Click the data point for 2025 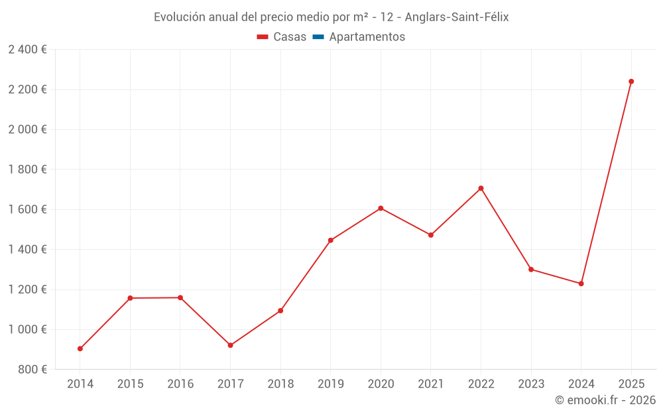[x=631, y=81]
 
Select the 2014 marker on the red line [x=80, y=348]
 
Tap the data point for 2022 [x=481, y=188]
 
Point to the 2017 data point [x=230, y=345]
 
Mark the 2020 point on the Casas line [x=381, y=208]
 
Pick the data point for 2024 [x=581, y=284]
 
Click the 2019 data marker [x=330, y=240]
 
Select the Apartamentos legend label [x=367, y=37]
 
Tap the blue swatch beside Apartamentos [x=318, y=37]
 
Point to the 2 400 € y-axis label [x=27, y=50]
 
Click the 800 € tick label [x=32, y=370]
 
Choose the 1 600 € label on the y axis [x=27, y=209]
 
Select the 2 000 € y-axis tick [x=27, y=129]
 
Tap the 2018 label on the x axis [x=280, y=384]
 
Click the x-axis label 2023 [x=531, y=384]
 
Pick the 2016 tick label [x=180, y=384]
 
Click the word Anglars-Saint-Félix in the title [x=456, y=17]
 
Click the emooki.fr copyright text [x=605, y=400]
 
